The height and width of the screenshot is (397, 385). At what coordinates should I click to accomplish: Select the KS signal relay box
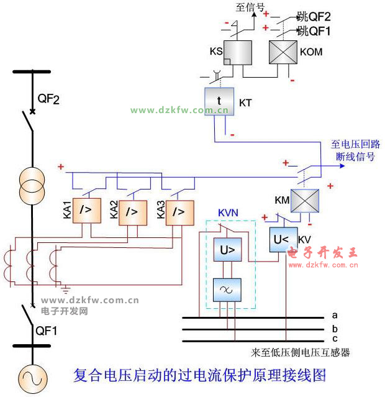pyautogui.click(x=237, y=52)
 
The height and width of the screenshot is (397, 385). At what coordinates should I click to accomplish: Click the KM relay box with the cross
pyautogui.click(x=305, y=201)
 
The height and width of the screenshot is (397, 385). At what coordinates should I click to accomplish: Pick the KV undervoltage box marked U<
pyautogui.click(x=283, y=240)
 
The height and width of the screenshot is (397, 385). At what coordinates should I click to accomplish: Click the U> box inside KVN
pyautogui.click(x=227, y=250)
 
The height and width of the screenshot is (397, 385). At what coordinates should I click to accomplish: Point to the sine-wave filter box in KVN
pyautogui.click(x=227, y=289)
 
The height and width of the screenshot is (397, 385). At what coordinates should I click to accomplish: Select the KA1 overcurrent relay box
pyautogui.click(x=86, y=211)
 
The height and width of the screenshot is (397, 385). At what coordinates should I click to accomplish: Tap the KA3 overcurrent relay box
pyautogui.click(x=178, y=211)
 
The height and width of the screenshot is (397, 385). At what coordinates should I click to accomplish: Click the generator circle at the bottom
pyautogui.click(x=30, y=378)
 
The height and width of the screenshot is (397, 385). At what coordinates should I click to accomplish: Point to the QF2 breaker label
pyautogui.click(x=48, y=99)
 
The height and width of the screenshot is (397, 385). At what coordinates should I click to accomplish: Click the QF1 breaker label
pyautogui.click(x=47, y=331)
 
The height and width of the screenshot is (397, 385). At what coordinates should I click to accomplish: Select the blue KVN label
pyautogui.click(x=229, y=212)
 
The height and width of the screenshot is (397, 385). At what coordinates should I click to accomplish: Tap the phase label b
pyautogui.click(x=335, y=329)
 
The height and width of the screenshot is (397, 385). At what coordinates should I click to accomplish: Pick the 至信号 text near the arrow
pyautogui.click(x=250, y=7)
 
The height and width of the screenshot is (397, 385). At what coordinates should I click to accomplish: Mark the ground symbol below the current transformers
pyautogui.click(x=65, y=288)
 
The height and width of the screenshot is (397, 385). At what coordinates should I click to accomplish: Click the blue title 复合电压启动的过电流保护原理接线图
pyautogui.click(x=199, y=376)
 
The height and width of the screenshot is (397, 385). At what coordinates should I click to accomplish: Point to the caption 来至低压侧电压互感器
pyautogui.click(x=301, y=352)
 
